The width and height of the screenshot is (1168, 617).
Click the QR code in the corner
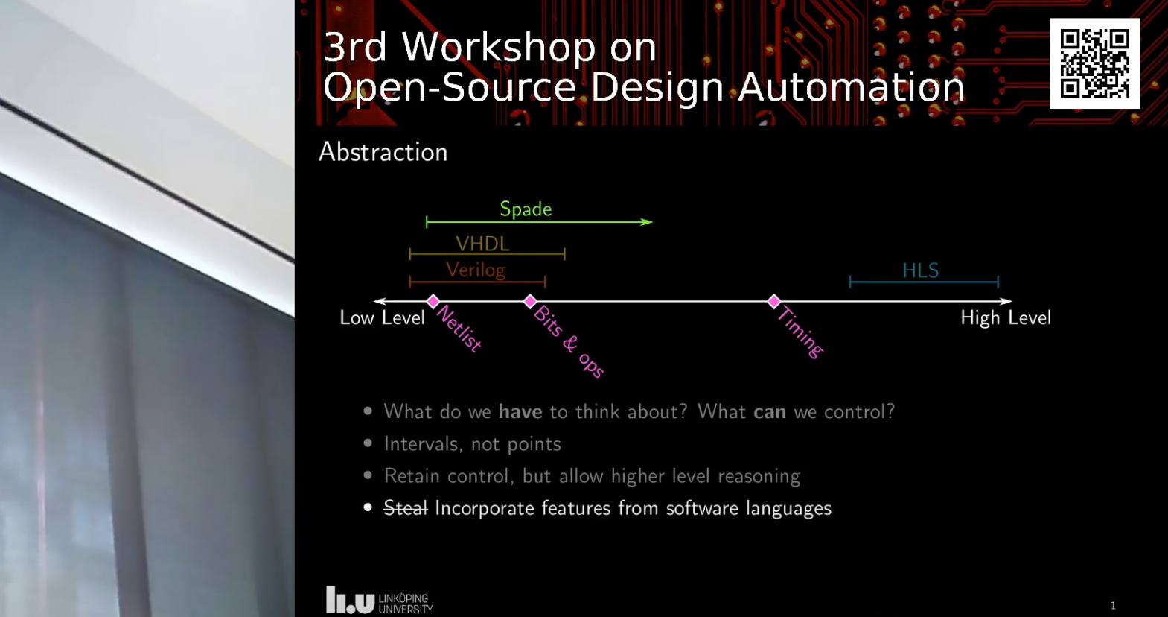point(1094,63)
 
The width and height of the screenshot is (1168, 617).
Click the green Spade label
point(526,209)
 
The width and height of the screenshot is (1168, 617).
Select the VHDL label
point(482,244)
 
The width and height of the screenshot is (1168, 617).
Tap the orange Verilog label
point(475,270)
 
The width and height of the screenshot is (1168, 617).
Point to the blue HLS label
point(920,270)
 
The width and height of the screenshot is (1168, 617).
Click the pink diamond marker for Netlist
point(433,301)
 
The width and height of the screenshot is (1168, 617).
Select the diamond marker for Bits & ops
point(530,301)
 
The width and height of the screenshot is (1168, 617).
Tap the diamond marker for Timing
point(774,301)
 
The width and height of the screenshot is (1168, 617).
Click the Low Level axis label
point(382,318)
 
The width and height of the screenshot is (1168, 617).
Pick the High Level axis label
point(1005,318)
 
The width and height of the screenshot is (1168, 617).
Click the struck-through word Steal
point(405,508)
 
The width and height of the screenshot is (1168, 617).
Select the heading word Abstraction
point(383,152)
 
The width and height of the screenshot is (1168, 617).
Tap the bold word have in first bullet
point(520,412)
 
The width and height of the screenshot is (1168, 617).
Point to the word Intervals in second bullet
point(422,444)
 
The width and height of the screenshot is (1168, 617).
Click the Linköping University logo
point(379,601)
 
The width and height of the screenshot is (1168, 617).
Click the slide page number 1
point(1113,606)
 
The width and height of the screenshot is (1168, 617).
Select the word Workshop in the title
point(498,48)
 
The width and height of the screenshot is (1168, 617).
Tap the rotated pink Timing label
point(800,332)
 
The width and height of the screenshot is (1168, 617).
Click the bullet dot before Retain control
point(368,475)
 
